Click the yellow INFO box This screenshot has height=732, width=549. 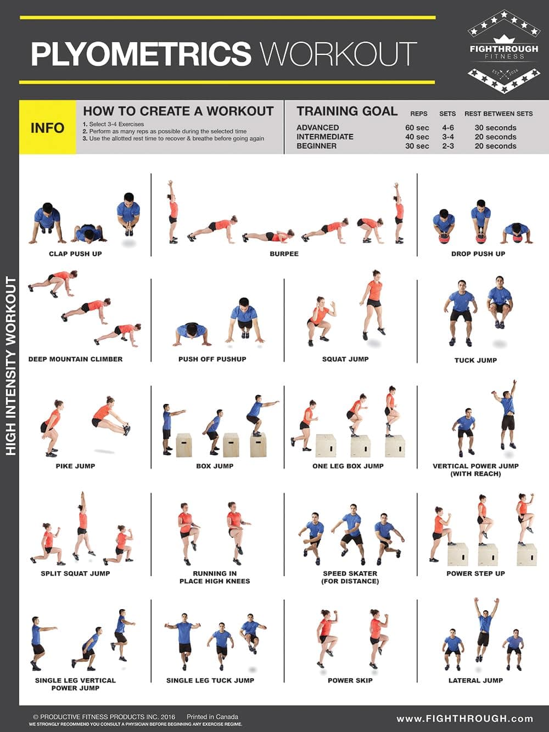point(48,127)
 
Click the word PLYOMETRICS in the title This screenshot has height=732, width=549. point(141,54)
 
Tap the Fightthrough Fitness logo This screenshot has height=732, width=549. point(503,52)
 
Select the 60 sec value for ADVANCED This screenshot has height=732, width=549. point(417,127)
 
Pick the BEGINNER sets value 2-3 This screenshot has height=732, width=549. point(448,146)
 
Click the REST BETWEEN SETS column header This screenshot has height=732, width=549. point(498,114)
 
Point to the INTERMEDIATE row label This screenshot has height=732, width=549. point(325,137)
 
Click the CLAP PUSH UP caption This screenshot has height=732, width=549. point(75,254)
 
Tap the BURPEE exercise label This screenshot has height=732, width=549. point(284,254)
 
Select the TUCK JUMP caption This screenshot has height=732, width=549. point(475,360)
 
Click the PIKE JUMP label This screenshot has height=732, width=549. point(75,466)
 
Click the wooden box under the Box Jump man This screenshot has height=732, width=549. point(258,444)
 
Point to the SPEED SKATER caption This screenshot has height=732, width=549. point(350,573)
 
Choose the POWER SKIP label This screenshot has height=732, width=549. point(350,680)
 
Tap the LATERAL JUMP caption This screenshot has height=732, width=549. point(475,680)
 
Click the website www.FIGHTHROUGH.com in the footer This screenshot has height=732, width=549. point(464,718)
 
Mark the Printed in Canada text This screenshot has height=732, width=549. point(212,717)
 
